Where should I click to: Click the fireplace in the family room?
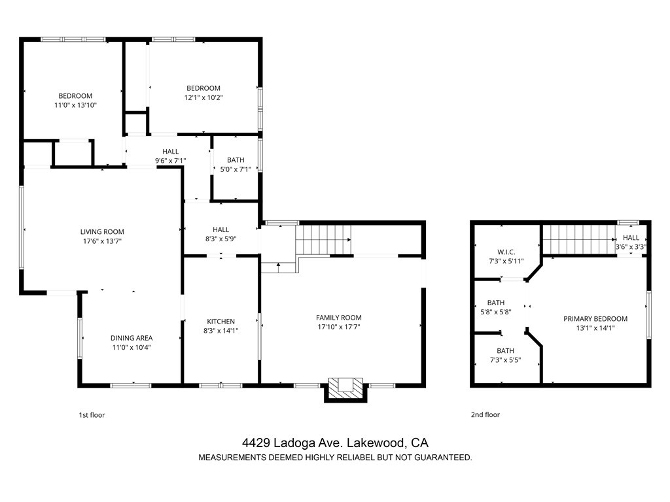pyautogui.click(x=345, y=390)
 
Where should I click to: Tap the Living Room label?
pyautogui.click(x=102, y=232)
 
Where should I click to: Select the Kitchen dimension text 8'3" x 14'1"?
pyautogui.click(x=221, y=330)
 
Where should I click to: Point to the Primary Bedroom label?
pyautogui.click(x=595, y=318)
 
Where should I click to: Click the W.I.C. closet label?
pyautogui.click(x=506, y=252)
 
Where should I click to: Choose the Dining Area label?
pyautogui.click(x=132, y=338)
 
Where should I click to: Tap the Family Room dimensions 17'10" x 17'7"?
pyautogui.click(x=339, y=327)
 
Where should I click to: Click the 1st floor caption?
pyautogui.click(x=92, y=415)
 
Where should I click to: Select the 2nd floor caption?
pyautogui.click(x=485, y=414)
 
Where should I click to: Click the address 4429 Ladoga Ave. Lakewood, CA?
pyautogui.click(x=335, y=443)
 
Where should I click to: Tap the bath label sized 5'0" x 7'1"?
pyautogui.click(x=236, y=160)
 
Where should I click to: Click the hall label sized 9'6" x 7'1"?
pyautogui.click(x=171, y=152)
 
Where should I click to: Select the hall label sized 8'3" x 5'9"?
pyautogui.click(x=221, y=229)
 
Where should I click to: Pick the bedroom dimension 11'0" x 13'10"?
pyautogui.click(x=76, y=105)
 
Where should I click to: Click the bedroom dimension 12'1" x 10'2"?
pyautogui.click(x=203, y=97)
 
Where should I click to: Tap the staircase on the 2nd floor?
pyautogui.click(x=578, y=239)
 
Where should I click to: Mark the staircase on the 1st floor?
pyautogui.click(x=323, y=239)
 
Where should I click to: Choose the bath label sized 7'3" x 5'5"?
pyautogui.click(x=505, y=351)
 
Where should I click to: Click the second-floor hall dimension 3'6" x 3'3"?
pyautogui.click(x=631, y=246)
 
